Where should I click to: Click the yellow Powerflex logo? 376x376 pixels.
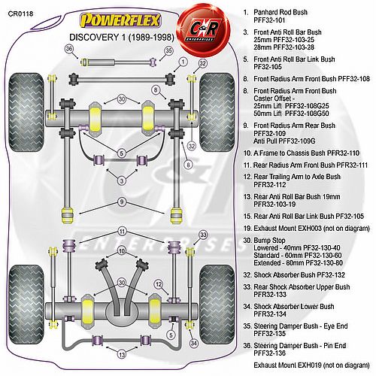point(120,20)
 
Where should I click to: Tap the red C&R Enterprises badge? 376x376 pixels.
point(203,29)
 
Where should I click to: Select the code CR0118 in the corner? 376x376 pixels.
point(20,14)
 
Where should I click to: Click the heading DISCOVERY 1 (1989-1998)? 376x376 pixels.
point(122,38)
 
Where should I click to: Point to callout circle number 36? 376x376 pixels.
point(69,49)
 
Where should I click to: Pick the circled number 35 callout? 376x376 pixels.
point(169,51)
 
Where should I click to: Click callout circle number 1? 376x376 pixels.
point(183,62)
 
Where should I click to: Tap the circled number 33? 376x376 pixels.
point(203,235)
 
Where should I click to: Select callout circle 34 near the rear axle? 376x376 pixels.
point(194,343)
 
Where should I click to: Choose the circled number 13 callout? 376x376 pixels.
point(122,354)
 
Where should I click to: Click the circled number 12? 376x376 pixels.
point(159,284)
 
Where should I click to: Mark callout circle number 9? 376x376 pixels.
point(122,202)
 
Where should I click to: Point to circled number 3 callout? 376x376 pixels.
point(122,180)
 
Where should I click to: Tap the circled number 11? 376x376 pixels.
point(122,231)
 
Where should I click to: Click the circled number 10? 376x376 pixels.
point(122,251)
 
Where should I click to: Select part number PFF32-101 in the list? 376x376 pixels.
point(269,20)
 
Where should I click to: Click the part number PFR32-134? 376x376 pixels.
point(270,314)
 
